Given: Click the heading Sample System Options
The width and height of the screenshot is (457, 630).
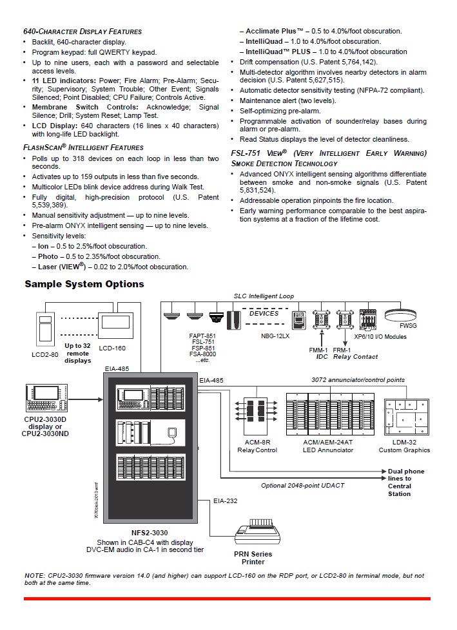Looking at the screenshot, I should tap(84, 284).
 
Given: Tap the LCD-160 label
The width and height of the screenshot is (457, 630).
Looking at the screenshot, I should tap(113, 348).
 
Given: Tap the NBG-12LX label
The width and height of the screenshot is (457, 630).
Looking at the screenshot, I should tap(277, 336).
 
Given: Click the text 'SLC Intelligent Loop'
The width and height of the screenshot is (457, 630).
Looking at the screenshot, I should tap(264, 296).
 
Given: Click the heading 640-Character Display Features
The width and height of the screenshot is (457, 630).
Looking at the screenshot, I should tap(83, 32).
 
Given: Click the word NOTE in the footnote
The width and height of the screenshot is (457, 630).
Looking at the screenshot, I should tap(34, 575).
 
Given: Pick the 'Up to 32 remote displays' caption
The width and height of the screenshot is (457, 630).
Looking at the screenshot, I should tap(77, 353).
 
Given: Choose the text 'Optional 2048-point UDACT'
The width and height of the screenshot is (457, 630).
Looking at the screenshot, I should tap(304, 486).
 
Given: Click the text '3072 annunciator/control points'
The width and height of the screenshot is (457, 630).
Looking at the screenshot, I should tap(358, 380).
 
